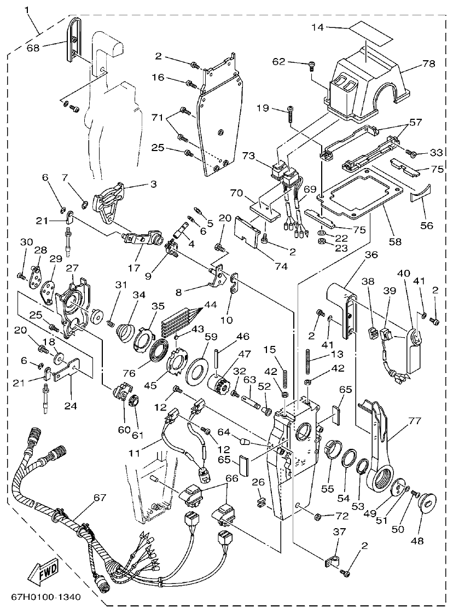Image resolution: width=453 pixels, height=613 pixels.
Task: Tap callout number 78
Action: tap(428, 63)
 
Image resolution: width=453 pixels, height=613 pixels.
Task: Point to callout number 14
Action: tap(318, 27)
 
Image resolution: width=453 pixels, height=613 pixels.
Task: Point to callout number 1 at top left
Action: tap(27, 10)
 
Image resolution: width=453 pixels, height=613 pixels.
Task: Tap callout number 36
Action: tap(371, 255)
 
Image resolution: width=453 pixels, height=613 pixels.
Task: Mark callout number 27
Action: tap(73, 269)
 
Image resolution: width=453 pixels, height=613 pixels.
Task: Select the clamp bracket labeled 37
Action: tap(329, 561)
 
